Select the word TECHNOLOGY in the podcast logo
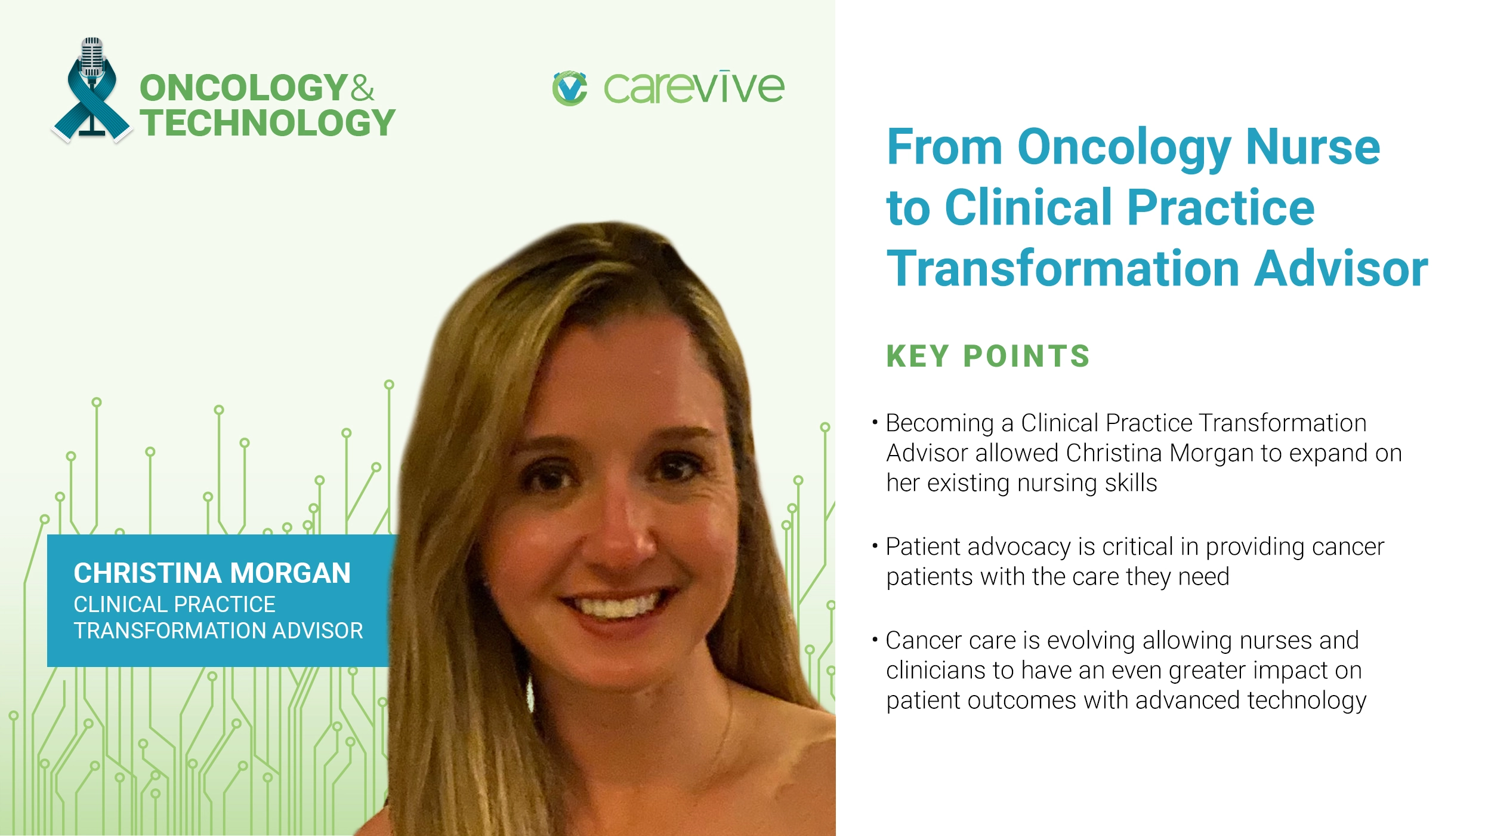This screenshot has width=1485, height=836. click(x=268, y=123)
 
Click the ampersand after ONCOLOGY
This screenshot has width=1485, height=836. click(x=362, y=88)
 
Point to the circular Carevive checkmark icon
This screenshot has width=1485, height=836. click(x=570, y=88)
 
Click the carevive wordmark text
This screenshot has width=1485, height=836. click(x=694, y=88)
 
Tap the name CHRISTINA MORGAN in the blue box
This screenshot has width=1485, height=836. click(x=212, y=573)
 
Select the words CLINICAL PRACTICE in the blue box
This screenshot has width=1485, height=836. click(x=174, y=604)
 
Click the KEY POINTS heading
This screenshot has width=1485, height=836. click(x=988, y=356)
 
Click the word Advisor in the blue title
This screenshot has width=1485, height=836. click(x=1341, y=269)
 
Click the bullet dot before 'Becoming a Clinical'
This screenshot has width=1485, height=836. click(x=875, y=423)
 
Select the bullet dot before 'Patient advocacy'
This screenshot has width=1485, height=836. click(x=875, y=546)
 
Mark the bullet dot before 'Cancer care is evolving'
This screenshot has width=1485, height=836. click(x=875, y=640)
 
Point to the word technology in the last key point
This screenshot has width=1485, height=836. click(x=1307, y=700)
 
